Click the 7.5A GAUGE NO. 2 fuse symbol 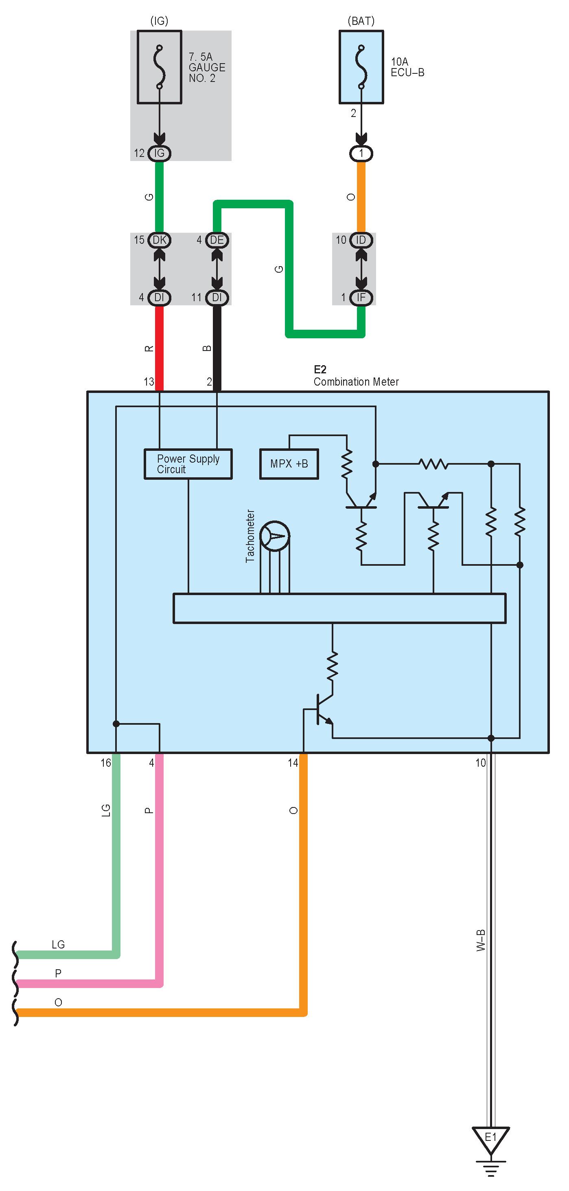pyautogui.click(x=159, y=67)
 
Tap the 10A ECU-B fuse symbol pyautogui.click(x=361, y=67)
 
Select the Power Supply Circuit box pyautogui.click(x=188, y=464)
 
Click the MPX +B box pyautogui.click(x=289, y=464)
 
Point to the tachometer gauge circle pyautogui.click(x=275, y=536)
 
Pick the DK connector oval pyautogui.click(x=159, y=240)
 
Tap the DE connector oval pyautogui.click(x=217, y=240)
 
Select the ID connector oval pyautogui.click(x=361, y=240)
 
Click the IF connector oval pyautogui.click(x=361, y=297)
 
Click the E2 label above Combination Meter pyautogui.click(x=320, y=369)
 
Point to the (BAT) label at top pyautogui.click(x=361, y=21)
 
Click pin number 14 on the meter pyautogui.click(x=293, y=763)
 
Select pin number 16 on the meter pyautogui.click(x=106, y=763)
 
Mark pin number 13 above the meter pyautogui.click(x=149, y=382)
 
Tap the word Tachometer pyautogui.click(x=250, y=536)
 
